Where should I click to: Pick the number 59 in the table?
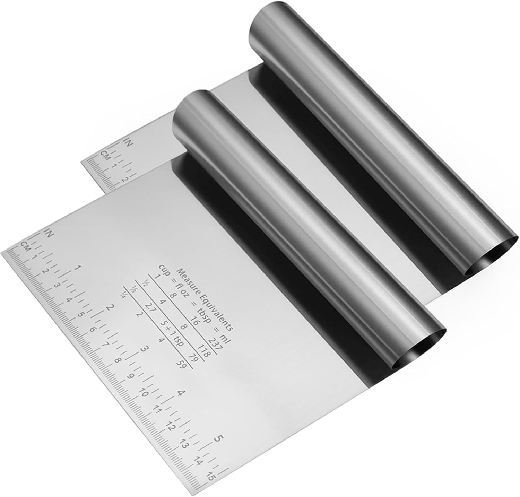coord(182,365)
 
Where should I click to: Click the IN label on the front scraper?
coord(48,233)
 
